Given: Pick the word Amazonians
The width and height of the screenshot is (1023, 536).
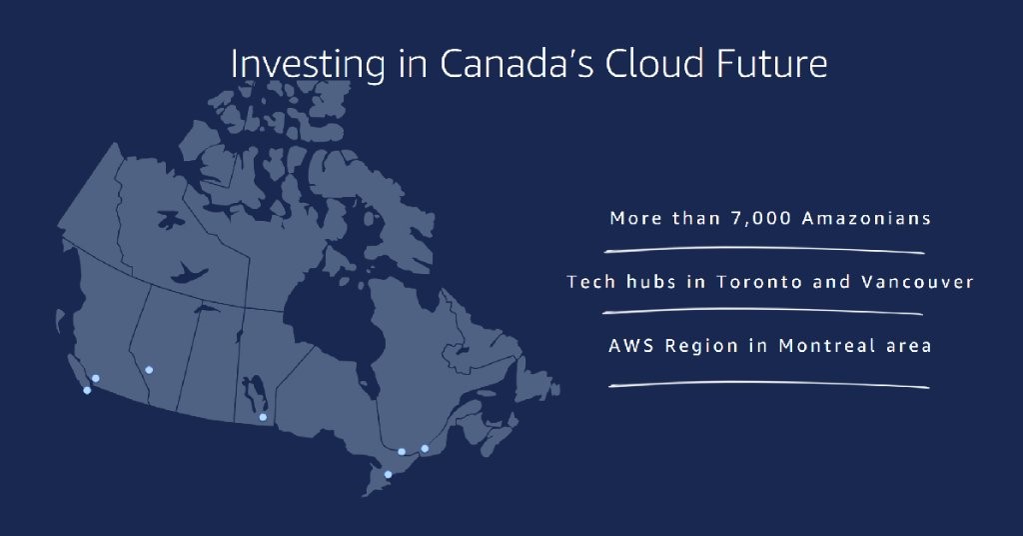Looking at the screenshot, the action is [866, 218].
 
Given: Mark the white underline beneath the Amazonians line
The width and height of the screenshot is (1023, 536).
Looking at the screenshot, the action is [764, 250].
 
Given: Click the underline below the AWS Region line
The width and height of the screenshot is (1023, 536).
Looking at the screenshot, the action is [768, 385].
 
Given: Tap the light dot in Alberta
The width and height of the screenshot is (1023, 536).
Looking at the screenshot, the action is [149, 370].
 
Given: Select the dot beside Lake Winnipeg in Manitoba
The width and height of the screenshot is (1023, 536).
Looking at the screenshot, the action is [263, 417].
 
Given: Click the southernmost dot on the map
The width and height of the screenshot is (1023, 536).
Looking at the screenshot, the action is [388, 475].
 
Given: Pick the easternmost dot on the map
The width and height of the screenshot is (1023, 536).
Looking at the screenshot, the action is [425, 449].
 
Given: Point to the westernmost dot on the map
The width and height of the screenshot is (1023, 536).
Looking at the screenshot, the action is [87, 390].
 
